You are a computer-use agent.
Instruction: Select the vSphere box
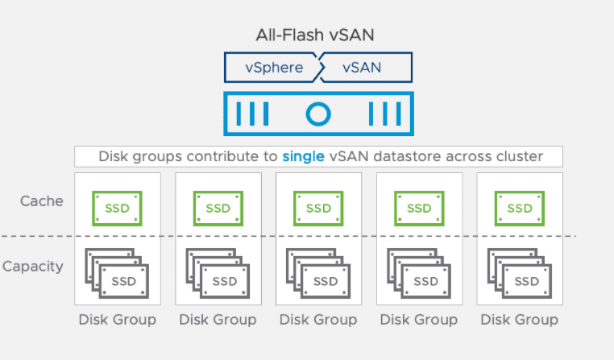pos(274,68)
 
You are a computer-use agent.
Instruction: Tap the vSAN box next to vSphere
pos(362,68)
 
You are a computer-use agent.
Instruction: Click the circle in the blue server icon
pos(318,114)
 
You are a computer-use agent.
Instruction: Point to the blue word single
pos(302,156)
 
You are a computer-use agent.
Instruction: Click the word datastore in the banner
pos(399,156)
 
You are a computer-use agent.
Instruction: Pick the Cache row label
pos(42,200)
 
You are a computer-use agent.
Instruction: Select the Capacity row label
pos(32,266)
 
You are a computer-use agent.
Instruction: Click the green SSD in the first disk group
pos(117,208)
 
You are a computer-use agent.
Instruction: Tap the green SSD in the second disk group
pos(218,208)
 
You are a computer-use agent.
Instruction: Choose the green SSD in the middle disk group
pos(318,208)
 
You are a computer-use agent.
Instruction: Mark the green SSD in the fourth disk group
pos(419,208)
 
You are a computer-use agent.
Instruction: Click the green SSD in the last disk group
pos(520,208)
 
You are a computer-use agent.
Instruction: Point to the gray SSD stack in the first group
pos(117,274)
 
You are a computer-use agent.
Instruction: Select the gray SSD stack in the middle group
pos(318,274)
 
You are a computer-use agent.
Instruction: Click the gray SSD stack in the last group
pos(520,274)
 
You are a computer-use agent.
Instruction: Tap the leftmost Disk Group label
pos(117,320)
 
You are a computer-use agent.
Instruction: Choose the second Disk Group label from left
pos(218,320)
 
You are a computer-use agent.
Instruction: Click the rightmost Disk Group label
pos(520,320)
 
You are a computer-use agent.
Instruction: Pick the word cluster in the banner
pos(521,156)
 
